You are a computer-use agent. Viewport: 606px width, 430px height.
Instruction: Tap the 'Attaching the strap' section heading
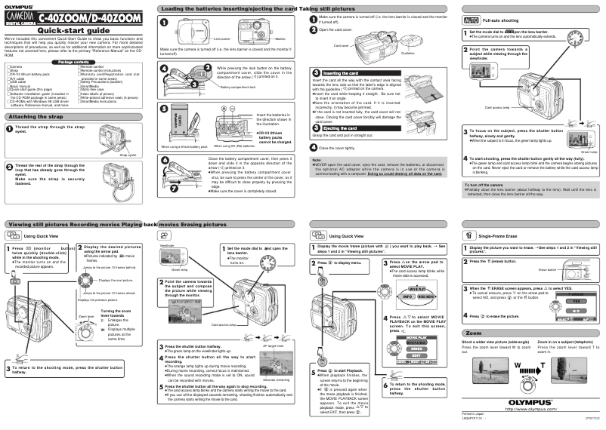pos(38,117)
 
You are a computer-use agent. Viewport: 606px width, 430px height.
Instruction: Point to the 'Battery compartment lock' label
pos(224,88)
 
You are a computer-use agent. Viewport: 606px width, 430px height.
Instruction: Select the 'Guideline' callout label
pos(409,53)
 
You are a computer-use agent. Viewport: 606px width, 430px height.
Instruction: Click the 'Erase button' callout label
pos(546,269)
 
